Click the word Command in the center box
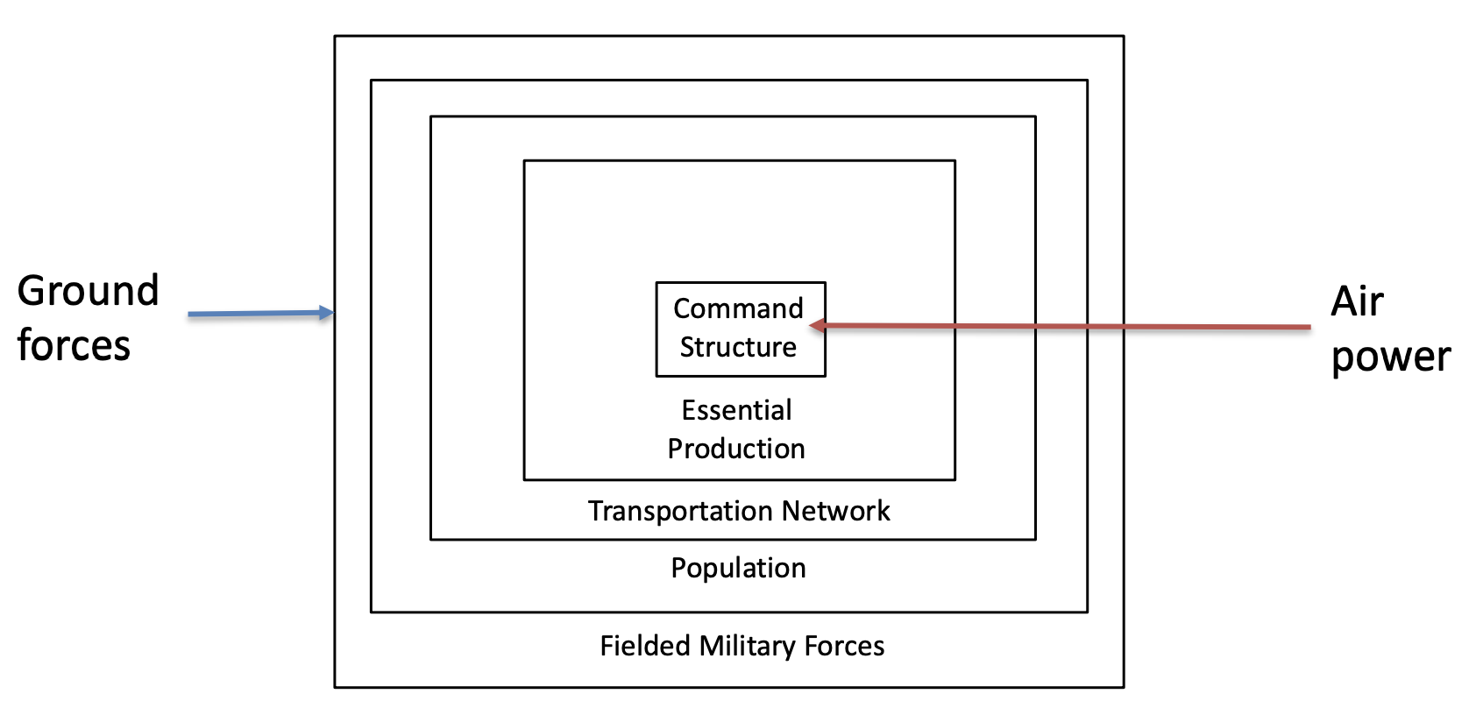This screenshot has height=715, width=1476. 738,308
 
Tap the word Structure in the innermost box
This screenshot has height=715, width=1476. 738,347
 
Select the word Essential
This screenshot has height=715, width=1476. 736,410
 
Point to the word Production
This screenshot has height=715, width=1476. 736,449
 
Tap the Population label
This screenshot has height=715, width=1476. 738,568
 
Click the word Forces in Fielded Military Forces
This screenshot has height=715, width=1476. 844,646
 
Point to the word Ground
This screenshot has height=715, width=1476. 88,291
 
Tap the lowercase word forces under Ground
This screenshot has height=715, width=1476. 74,345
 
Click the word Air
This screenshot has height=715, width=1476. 1357,302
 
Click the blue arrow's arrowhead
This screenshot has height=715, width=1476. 327,313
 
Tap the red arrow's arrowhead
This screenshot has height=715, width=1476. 818,326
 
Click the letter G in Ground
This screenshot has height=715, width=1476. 33,291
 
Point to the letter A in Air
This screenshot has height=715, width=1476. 1345,302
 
